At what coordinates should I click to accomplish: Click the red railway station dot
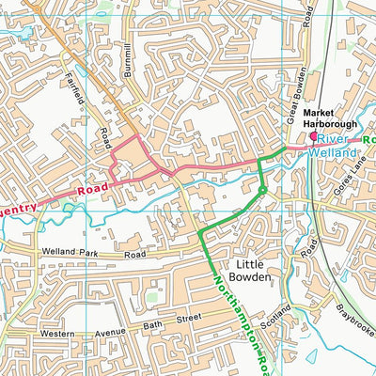[313, 135]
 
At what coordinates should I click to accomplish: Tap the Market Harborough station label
[331, 116]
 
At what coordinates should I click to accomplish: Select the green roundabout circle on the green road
[261, 192]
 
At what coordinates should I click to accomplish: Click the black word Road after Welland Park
[136, 254]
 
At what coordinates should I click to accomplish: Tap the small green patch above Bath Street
[151, 299]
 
